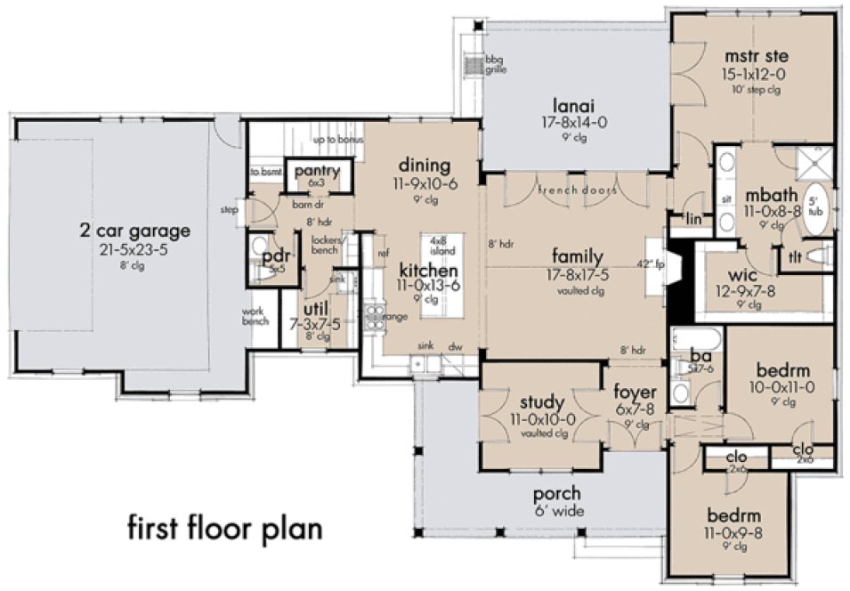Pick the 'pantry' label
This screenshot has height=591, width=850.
click(317, 169)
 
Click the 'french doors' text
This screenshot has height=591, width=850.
click(578, 190)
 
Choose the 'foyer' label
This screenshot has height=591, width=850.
click(635, 392)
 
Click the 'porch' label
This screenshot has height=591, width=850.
click(556, 493)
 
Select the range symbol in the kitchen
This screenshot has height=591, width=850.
click(374, 315)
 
